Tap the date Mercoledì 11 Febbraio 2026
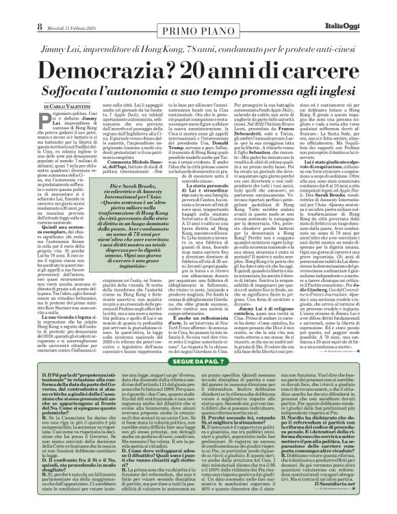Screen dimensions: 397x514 (x=71, y=8)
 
